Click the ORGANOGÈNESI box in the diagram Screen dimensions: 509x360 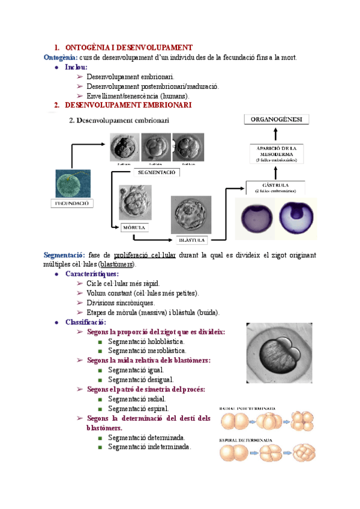[277, 119]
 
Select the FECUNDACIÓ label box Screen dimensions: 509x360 [68, 203]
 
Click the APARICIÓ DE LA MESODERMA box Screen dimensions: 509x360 [277, 153]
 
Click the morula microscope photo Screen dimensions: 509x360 [134, 203]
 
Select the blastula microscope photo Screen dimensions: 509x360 [191, 214]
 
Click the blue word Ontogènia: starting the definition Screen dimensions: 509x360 [60, 57]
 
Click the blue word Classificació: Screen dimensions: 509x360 [86, 322]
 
